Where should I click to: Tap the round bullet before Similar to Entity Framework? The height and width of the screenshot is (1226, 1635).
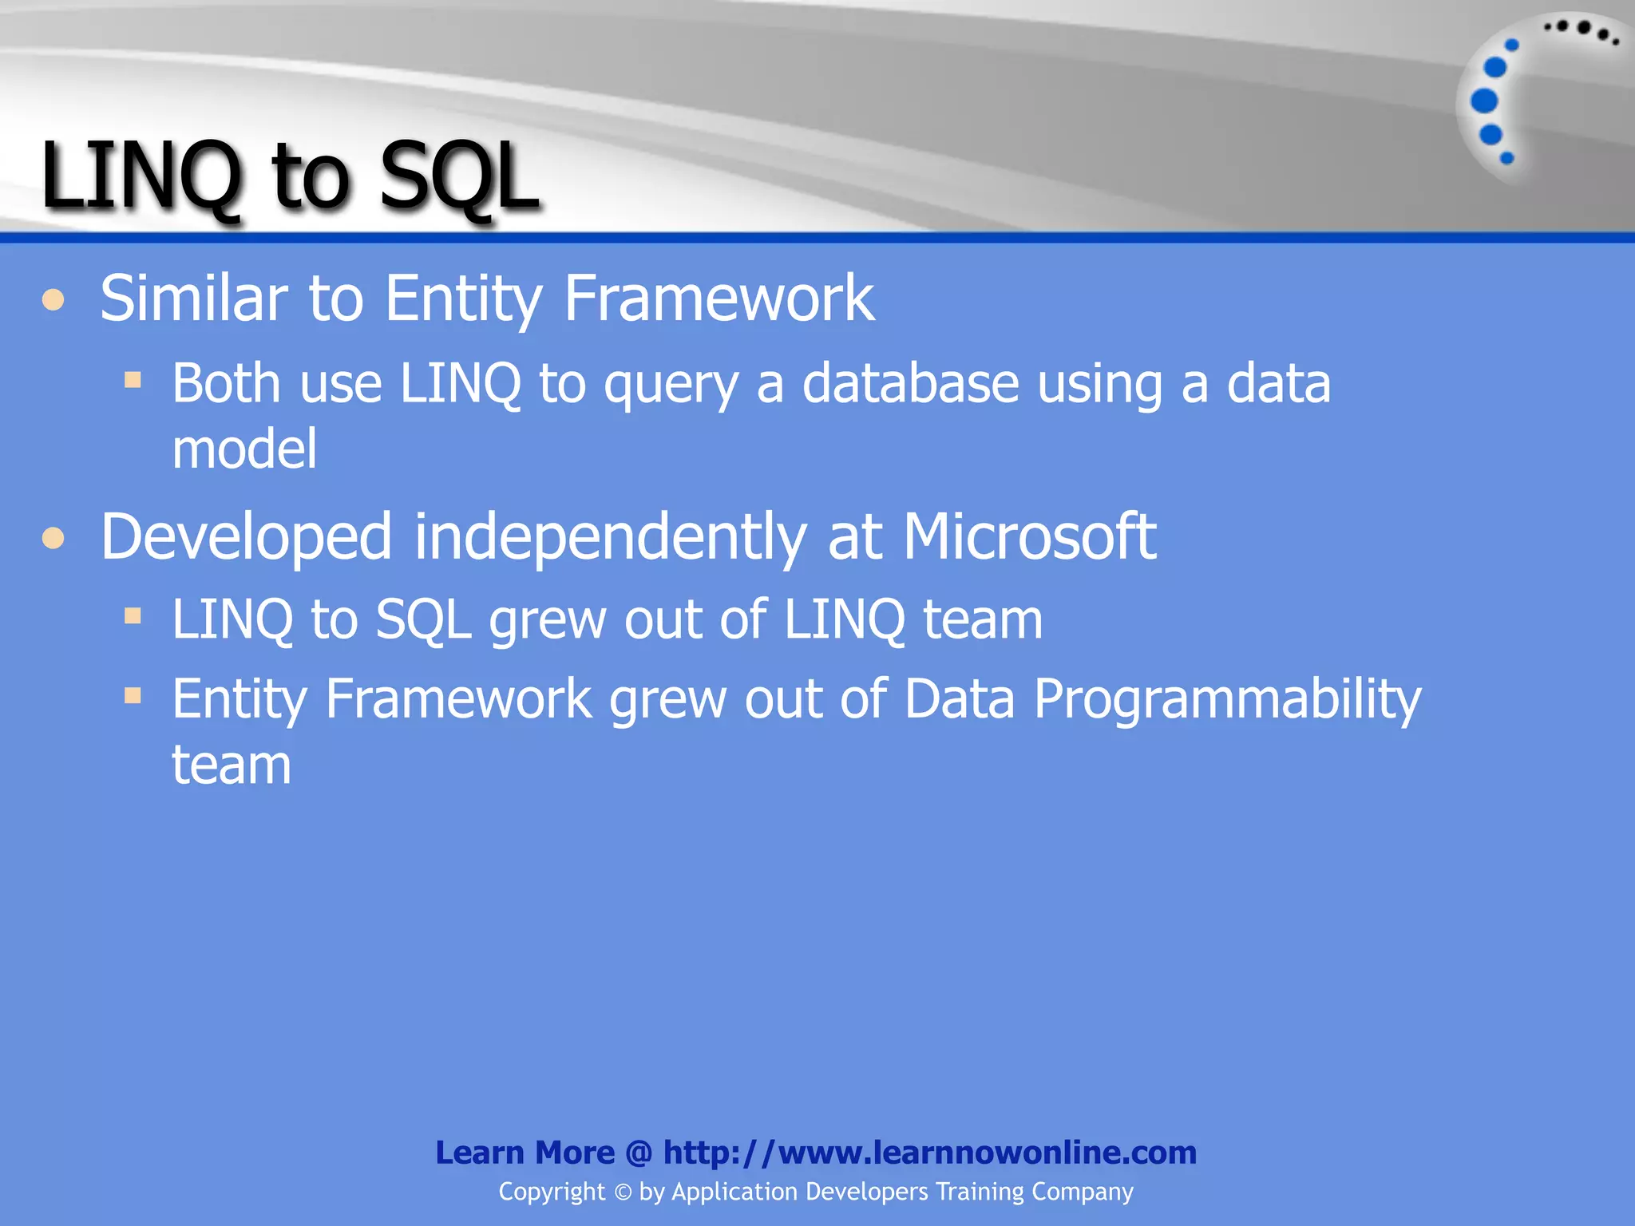coord(53,300)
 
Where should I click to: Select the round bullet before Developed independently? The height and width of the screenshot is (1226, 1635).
coord(53,538)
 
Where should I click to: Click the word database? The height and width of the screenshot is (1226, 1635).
coord(910,384)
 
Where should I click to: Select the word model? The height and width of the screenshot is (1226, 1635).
coord(244,449)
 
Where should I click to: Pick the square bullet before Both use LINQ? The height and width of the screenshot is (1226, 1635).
coord(133,379)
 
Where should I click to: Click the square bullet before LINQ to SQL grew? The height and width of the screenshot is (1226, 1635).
coord(133,615)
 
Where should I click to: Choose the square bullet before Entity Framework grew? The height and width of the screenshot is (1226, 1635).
coord(133,696)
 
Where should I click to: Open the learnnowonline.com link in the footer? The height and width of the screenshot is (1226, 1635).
coord(929,1153)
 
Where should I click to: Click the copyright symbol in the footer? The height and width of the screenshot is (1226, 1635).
coord(623,1192)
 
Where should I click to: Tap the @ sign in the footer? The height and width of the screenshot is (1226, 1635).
coord(639,1153)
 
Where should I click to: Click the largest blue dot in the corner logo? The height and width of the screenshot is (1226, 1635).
coord(1484,101)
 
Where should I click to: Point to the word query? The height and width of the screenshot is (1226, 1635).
coord(670,386)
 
